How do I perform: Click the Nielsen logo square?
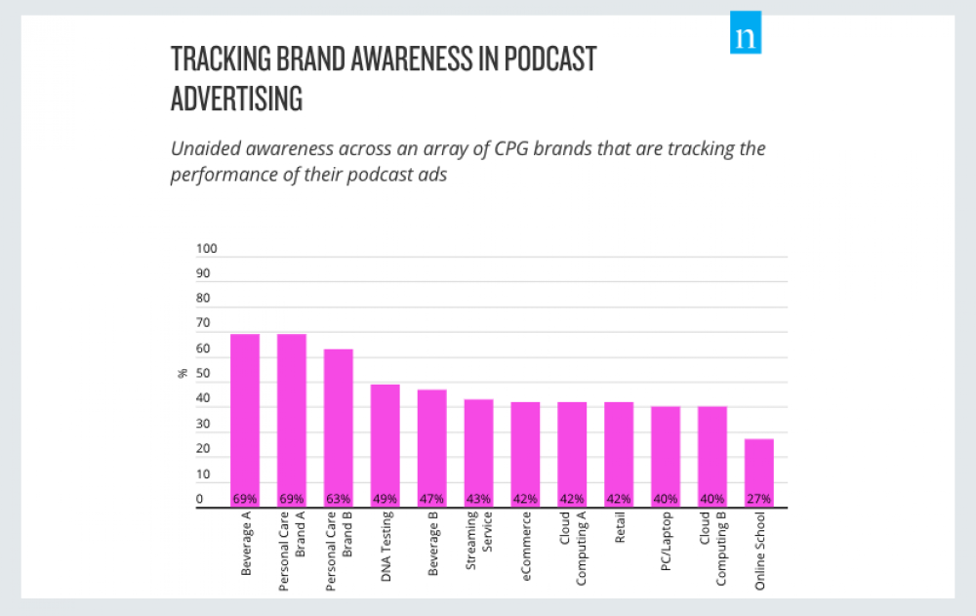pos(746,37)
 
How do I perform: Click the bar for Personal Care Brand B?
pos(339,425)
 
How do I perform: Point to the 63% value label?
pos(339,499)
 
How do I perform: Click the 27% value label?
pos(759,499)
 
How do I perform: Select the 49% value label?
pos(386,499)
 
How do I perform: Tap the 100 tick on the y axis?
pos(204,248)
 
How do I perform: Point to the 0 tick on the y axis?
pos(198,499)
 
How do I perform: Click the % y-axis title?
pos(182,373)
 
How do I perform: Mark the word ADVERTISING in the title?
pos(236,100)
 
